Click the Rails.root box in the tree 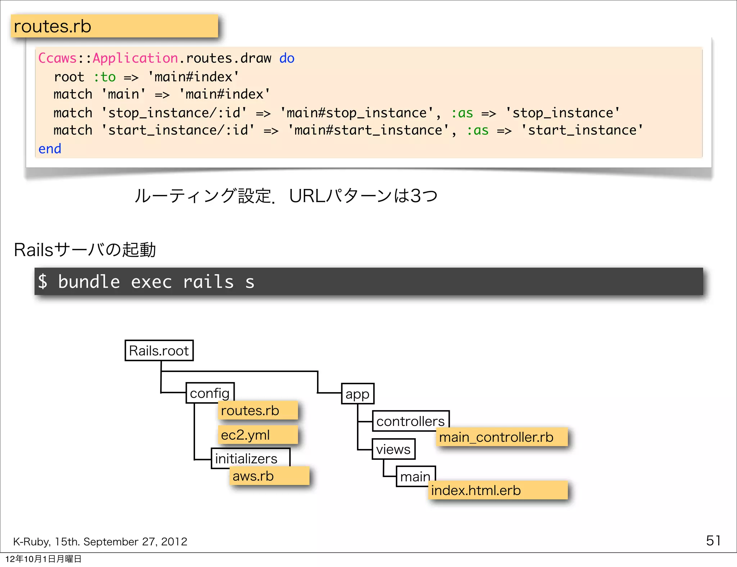coord(159,350)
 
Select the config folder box coord(210,393)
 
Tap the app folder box coord(357,394)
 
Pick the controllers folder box coord(410,421)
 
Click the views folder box coord(393,449)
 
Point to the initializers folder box coord(247,458)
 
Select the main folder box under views coord(415,476)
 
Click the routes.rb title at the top coord(53,26)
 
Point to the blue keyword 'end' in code coord(50,149)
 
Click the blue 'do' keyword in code coord(287,58)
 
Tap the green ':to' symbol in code coord(105,77)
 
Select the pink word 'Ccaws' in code coord(58,58)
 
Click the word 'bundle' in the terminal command coord(89,281)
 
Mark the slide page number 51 coord(713,540)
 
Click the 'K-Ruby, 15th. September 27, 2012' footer coord(100,541)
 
